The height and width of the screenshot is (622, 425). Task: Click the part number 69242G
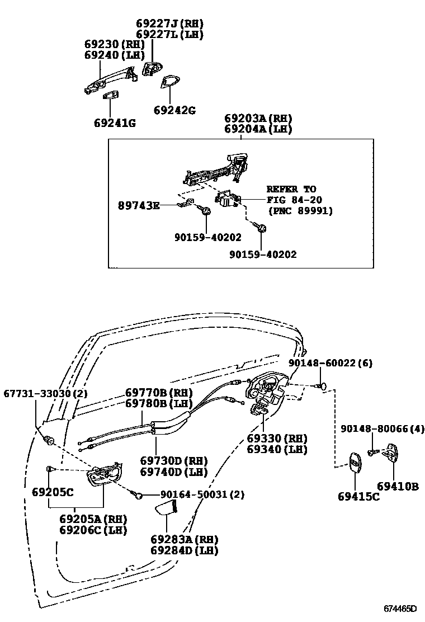(x=174, y=110)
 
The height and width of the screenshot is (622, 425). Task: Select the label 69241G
(x=115, y=122)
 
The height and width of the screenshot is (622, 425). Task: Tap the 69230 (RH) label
(x=114, y=44)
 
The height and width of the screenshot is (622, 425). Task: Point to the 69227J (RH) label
(x=170, y=23)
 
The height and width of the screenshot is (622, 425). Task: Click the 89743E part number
(x=139, y=206)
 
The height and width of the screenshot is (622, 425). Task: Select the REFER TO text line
(x=291, y=189)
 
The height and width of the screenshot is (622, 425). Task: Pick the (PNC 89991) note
(x=300, y=211)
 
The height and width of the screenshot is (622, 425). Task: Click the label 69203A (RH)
(x=258, y=119)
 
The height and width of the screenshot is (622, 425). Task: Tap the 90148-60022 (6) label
(x=330, y=363)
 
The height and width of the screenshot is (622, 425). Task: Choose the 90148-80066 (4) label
(x=382, y=429)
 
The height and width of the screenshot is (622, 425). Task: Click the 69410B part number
(x=398, y=487)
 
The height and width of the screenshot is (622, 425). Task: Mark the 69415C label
(x=358, y=496)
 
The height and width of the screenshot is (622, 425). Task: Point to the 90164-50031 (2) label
(x=202, y=494)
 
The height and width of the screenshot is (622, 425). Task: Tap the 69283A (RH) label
(x=184, y=539)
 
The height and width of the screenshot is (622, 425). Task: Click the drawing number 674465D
(x=400, y=608)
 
